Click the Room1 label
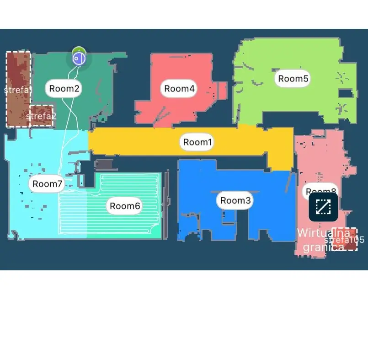tap(197, 142)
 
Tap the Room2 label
tap(64, 88)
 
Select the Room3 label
tap(235, 200)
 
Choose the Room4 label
tap(179, 89)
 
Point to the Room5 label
tap(293, 79)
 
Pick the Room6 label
tap(124, 206)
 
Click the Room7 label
tap(47, 184)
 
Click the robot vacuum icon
tap(79, 58)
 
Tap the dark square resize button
tap(323, 207)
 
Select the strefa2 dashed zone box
tap(42, 116)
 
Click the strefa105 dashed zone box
tap(345, 239)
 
